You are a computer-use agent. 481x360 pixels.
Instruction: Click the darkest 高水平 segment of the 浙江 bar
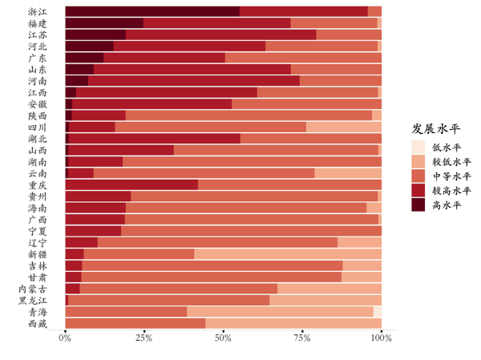[x=152, y=11]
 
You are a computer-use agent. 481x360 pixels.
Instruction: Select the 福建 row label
[x=37, y=23]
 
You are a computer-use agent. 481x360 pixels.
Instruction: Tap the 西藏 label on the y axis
[x=37, y=324]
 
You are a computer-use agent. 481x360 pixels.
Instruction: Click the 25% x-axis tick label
[x=144, y=338]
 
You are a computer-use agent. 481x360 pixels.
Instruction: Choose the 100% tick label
[x=382, y=338]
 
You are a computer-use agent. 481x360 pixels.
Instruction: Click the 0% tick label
[x=66, y=338]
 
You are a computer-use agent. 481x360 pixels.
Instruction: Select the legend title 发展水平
[x=436, y=128]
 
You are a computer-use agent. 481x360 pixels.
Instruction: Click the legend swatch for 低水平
[x=418, y=147]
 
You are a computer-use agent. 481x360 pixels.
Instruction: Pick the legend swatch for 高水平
[x=418, y=204]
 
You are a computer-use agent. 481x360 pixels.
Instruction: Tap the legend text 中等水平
[x=451, y=176]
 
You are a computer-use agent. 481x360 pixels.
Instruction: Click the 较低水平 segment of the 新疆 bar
[x=288, y=254]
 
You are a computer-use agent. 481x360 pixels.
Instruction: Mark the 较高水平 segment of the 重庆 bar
[x=131, y=184]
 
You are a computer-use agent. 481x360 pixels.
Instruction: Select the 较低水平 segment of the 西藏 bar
[x=293, y=324]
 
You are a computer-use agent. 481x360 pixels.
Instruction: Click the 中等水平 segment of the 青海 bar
[x=126, y=312]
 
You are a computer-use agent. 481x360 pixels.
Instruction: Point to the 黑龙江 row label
[x=33, y=301]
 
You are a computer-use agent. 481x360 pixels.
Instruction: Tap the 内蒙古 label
[x=33, y=289]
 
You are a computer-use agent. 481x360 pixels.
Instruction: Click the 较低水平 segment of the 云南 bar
[x=348, y=173]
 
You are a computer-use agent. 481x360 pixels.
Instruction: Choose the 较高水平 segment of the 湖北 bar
[x=155, y=139]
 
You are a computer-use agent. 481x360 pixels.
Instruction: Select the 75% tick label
[x=302, y=338]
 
